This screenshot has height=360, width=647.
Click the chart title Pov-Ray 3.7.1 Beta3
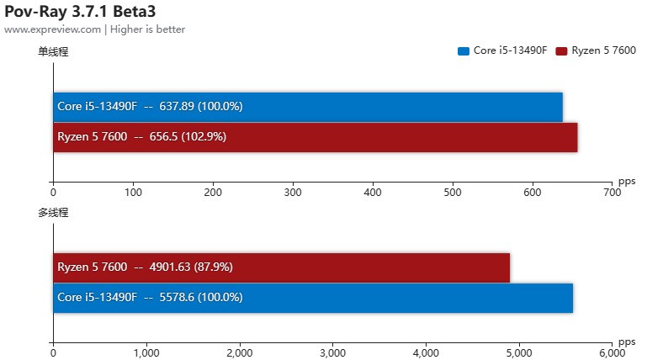[x=79, y=11]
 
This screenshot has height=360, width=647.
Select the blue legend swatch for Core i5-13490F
[x=463, y=50]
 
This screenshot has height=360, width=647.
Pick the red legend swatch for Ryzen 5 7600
[x=561, y=50]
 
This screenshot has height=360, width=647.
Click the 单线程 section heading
[x=52, y=52]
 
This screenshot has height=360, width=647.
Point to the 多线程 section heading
[x=52, y=213]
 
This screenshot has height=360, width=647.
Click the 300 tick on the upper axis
[x=293, y=193]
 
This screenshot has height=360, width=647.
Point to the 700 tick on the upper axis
[x=612, y=193]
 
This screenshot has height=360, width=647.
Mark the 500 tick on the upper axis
[x=453, y=193]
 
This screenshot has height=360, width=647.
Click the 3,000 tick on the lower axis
[x=332, y=353]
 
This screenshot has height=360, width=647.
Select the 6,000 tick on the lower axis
[x=612, y=353]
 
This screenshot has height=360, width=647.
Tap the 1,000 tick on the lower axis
[x=146, y=353]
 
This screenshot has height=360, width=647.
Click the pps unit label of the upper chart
[x=627, y=181]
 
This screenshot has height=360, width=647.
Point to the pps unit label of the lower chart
[x=627, y=341]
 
